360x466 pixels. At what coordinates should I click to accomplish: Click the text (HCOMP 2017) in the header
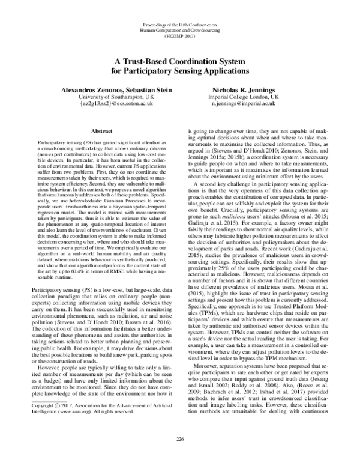click(179, 35)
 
